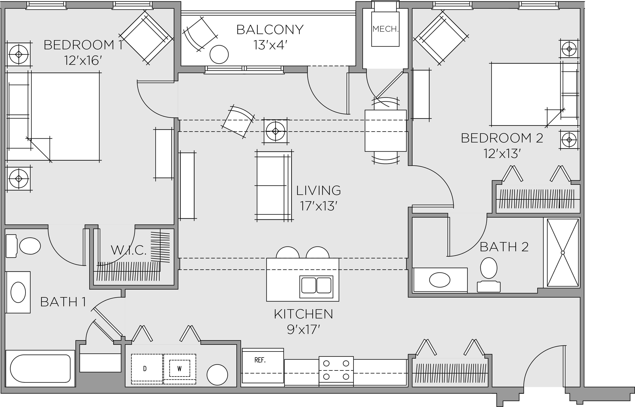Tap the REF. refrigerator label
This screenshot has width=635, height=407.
pyautogui.click(x=260, y=360)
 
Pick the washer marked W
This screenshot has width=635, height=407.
pyautogui.click(x=179, y=369)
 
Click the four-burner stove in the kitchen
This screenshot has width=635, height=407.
pyautogui.click(x=336, y=370)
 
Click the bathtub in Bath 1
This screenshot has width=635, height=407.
pyautogui.click(x=40, y=368)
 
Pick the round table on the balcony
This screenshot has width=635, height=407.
pyautogui.click(x=219, y=54)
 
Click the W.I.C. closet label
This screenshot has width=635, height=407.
pyautogui.click(x=129, y=250)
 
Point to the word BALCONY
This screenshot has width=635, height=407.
pyautogui.click(x=270, y=30)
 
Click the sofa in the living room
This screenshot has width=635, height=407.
pyautogui.click(x=274, y=186)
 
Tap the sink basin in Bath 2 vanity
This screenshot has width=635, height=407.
pyautogui.click(x=440, y=280)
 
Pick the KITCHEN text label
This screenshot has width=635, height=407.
pyautogui.click(x=303, y=314)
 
